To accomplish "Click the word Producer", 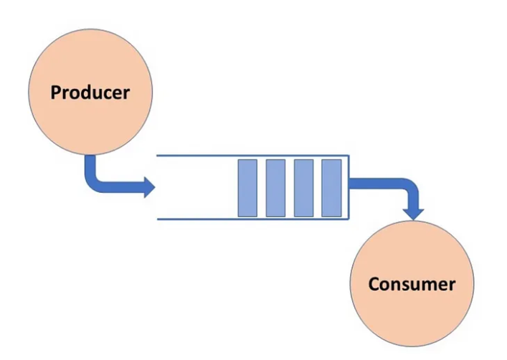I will click(x=90, y=93).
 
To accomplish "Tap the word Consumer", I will click(x=411, y=284).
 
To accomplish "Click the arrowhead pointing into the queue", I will click(x=148, y=187).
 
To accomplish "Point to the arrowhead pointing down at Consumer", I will click(x=414, y=213).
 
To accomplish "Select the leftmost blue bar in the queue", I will click(x=247, y=187).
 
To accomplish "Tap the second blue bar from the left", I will click(x=275, y=187).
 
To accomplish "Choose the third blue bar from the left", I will click(x=303, y=187).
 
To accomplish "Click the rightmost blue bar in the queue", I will click(x=331, y=187).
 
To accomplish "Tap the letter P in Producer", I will click(x=55, y=93).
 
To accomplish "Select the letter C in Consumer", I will click(x=374, y=284).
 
